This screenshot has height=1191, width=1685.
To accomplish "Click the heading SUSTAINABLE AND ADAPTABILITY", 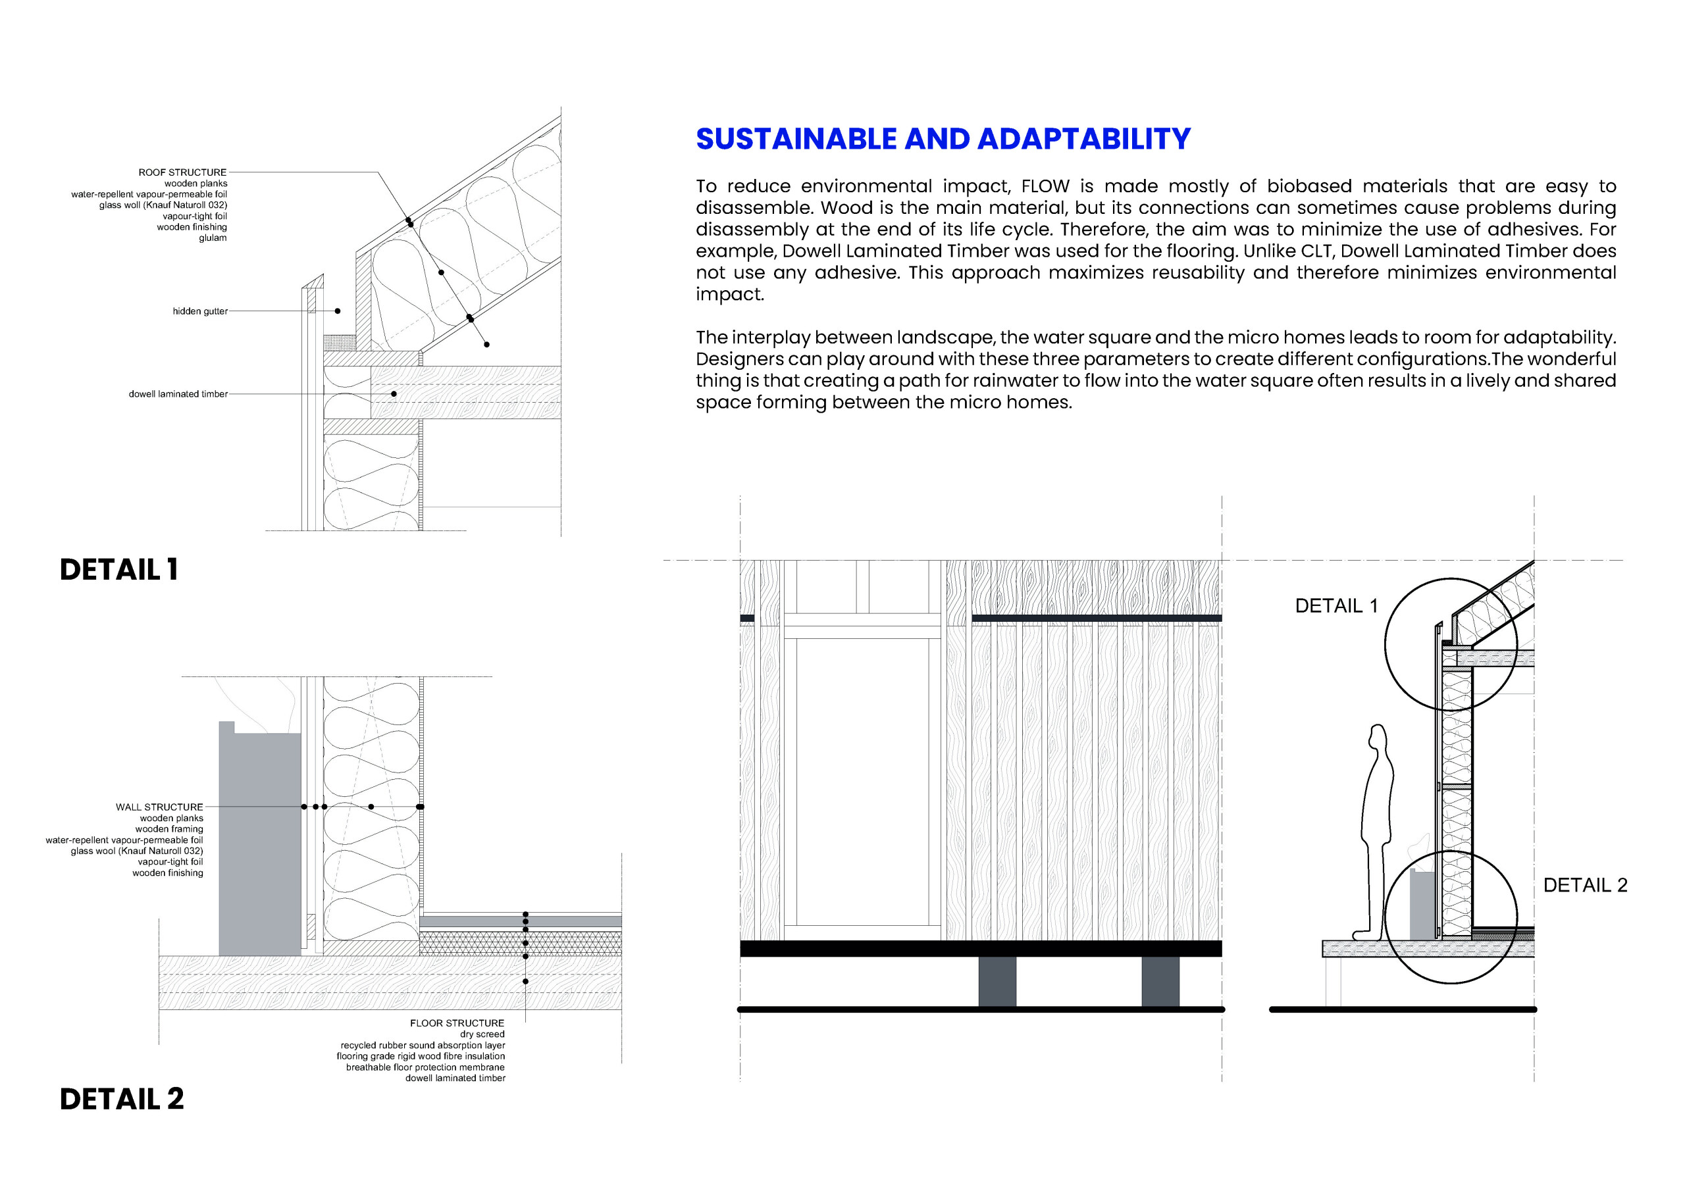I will [x=943, y=139].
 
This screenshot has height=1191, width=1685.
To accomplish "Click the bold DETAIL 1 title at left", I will [x=118, y=569].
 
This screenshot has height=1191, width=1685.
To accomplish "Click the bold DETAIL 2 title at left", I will [x=121, y=1098].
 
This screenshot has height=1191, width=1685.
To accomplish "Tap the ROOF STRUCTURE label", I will [x=182, y=172].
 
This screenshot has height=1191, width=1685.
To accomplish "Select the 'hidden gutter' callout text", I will [x=199, y=311].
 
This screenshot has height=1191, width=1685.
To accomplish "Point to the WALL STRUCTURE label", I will [x=159, y=807].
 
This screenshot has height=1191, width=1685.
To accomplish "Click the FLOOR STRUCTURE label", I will [x=457, y=1023].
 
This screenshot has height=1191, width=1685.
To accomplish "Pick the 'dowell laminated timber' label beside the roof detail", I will [x=178, y=394].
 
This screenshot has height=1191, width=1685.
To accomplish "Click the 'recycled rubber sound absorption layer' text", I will [x=422, y=1045].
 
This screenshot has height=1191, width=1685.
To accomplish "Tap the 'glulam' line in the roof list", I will [x=212, y=238].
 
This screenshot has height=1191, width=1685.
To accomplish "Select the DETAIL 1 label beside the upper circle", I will [x=1335, y=605].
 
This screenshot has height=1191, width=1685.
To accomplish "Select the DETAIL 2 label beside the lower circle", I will [x=1584, y=885].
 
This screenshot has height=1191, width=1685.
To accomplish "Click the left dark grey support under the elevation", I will [x=997, y=981].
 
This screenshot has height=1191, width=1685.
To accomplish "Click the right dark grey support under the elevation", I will [x=1160, y=981].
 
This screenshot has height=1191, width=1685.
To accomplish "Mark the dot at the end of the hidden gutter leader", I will [x=338, y=311].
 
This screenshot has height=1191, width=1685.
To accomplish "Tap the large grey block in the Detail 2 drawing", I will [x=259, y=844].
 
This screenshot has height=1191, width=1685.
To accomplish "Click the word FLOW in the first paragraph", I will [x=1045, y=186].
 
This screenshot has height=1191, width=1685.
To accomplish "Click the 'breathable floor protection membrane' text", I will [x=425, y=1067].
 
